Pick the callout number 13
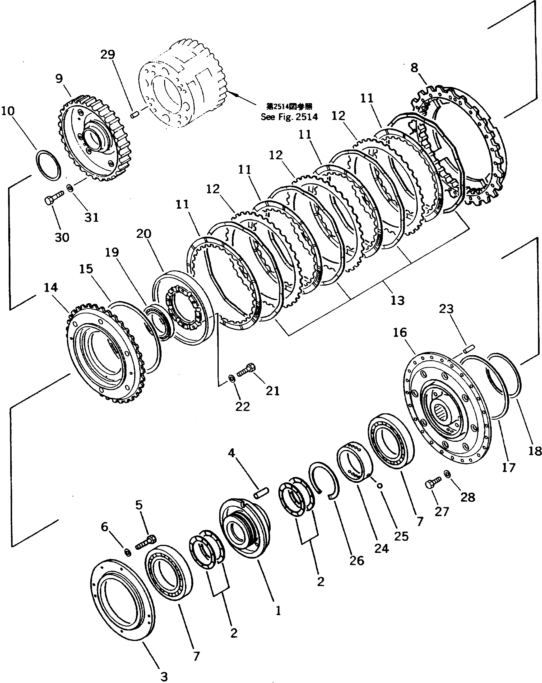397,300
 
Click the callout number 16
400,333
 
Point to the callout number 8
414,68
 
